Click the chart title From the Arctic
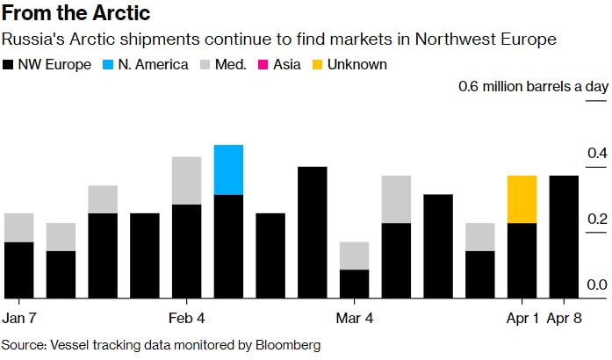click(77, 14)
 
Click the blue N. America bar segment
click(228, 169)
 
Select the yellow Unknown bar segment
click(522, 199)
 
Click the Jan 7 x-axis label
click(19, 316)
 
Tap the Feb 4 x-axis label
click(186, 316)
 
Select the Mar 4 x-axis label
click(355, 316)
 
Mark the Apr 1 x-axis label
click(522, 316)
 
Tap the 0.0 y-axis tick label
click(597, 284)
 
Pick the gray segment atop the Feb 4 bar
click(186, 180)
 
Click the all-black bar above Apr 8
click(564, 237)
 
